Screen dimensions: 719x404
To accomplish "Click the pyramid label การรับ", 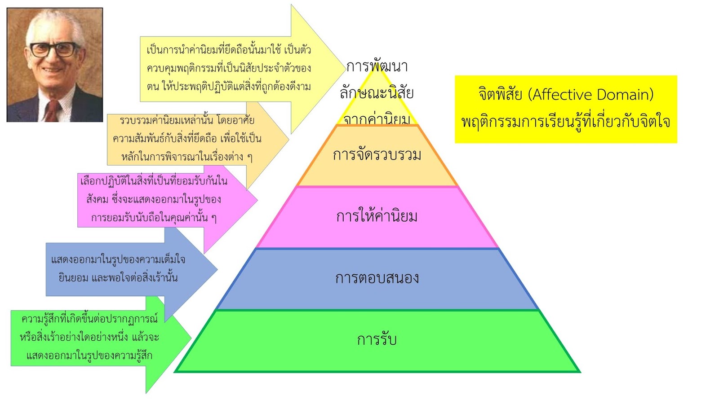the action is click(377, 340).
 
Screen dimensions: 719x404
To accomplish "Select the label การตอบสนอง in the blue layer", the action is click(377, 278).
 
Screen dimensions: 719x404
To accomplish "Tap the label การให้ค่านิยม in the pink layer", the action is click(377, 217).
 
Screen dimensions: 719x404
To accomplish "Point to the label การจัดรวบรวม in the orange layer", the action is click(377, 155).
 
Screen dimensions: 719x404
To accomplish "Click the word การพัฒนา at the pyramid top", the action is click(377, 67).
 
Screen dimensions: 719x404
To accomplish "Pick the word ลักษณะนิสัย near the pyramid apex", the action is click(377, 93).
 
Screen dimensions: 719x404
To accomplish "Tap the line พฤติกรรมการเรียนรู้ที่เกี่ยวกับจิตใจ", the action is click(565, 122).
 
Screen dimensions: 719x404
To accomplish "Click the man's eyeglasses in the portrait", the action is click(54, 49).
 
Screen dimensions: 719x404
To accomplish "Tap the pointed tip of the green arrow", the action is click(191, 338).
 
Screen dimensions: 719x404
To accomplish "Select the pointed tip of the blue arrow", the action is click(217, 270).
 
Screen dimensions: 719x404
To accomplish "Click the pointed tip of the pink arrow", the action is click(257, 200).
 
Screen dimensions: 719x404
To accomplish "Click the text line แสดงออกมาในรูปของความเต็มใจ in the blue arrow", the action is click(118, 259).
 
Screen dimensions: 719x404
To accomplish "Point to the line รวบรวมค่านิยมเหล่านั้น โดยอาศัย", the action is click(187, 120).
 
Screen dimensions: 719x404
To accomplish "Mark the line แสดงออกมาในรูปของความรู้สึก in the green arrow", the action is click(89, 356).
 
